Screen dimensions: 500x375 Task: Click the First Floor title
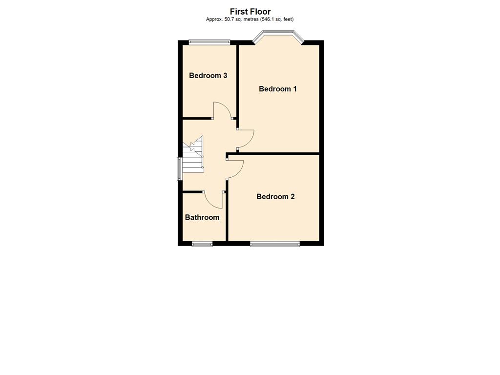point(250,12)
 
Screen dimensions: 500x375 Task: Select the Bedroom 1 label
point(278,89)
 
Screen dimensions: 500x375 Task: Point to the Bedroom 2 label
point(275,197)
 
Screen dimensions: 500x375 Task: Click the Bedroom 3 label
point(208,76)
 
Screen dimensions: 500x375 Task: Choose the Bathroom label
point(202,217)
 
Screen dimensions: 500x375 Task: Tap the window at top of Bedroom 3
point(209,42)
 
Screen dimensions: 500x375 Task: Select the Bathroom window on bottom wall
point(202,244)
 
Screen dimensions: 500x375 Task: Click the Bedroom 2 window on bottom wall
point(275,244)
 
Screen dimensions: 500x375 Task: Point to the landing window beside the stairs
point(180,168)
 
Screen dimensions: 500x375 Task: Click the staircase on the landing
point(193,155)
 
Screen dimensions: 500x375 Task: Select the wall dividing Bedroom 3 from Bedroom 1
point(238,82)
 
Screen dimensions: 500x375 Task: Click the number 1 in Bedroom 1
point(294,89)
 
